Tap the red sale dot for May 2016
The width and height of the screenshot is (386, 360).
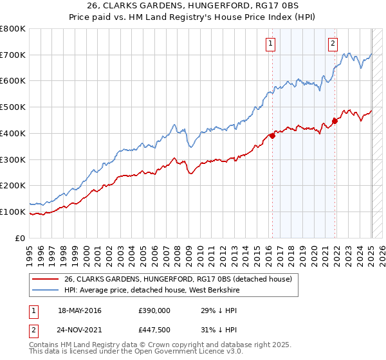pos(272,136)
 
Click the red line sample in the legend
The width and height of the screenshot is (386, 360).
pos(46,279)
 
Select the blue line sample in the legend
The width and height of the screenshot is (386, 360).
pos(46,290)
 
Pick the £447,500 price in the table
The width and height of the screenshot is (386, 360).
pos(154,330)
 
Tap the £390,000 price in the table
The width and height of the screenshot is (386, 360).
pos(154,310)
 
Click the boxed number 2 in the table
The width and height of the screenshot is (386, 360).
pos(33,330)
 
